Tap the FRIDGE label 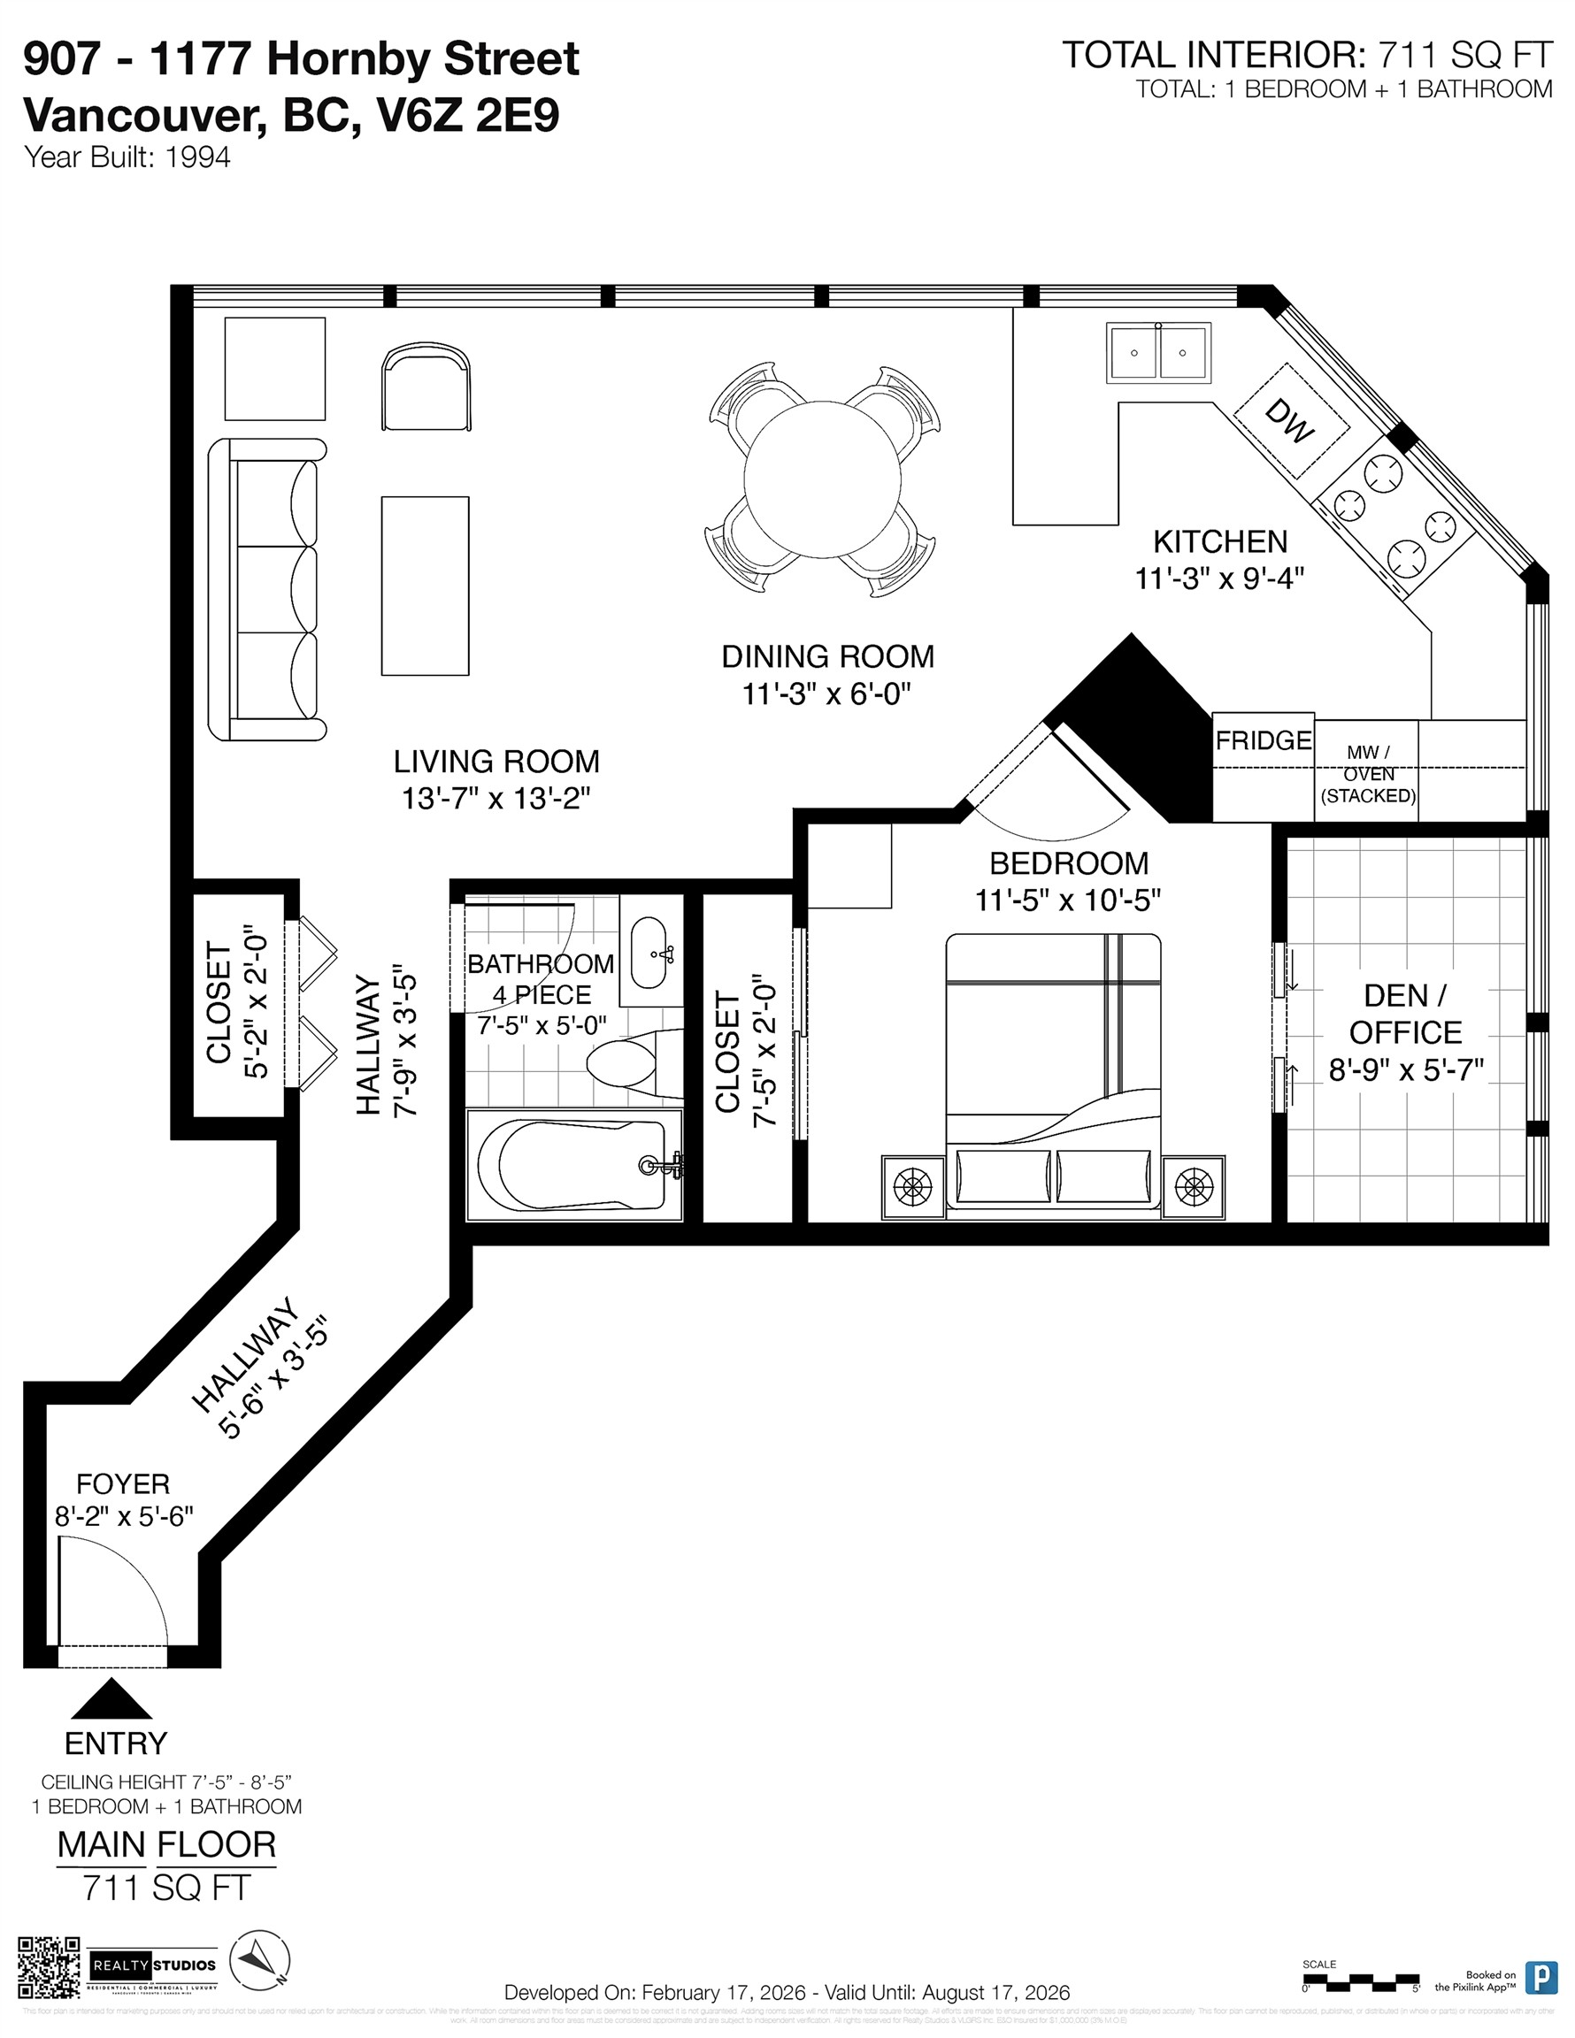click(1264, 740)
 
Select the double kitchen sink click(1158, 353)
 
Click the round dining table click(822, 479)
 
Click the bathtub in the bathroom click(573, 1164)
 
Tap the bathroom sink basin click(649, 953)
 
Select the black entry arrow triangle click(112, 1699)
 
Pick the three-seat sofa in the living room click(268, 590)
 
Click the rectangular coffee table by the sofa click(425, 585)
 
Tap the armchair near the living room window click(426, 387)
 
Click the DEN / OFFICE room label click(1405, 1014)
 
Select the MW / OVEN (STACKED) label click(1368, 774)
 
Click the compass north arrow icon click(259, 1964)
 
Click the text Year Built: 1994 click(127, 157)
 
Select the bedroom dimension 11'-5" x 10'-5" click(1068, 900)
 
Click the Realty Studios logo click(154, 1965)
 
